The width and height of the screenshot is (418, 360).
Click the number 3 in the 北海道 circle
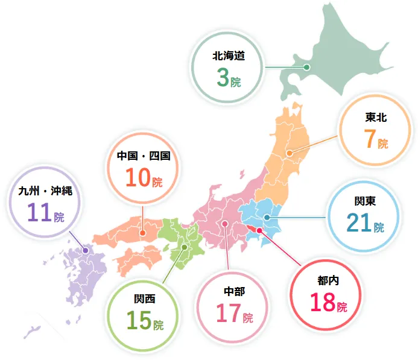[x=221, y=78]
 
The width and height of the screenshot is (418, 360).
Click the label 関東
[x=365, y=201]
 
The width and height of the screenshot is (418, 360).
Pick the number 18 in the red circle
[x=323, y=302]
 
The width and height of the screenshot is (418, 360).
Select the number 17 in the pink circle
[x=229, y=314]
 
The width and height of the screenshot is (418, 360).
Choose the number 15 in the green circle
[x=138, y=321]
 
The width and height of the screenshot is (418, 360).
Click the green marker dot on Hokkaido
[x=306, y=68]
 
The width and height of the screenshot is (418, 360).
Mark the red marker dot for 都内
[x=259, y=230]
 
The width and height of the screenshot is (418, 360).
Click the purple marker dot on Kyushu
[x=85, y=250]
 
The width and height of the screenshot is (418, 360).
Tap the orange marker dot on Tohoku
[x=289, y=153]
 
